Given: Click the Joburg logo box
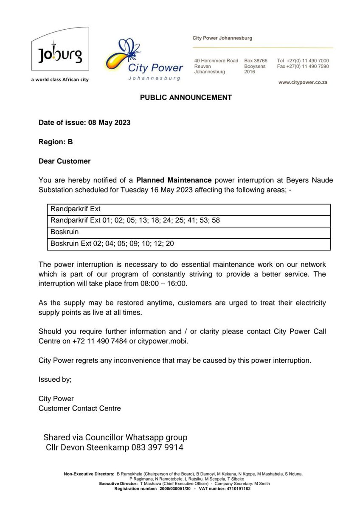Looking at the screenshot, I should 60,53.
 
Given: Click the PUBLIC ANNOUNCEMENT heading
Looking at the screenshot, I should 186,98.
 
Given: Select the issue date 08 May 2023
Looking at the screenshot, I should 109,123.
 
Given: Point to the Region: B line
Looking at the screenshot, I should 56,142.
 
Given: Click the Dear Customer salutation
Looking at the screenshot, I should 65,162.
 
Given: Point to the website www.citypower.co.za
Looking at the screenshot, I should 303,83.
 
